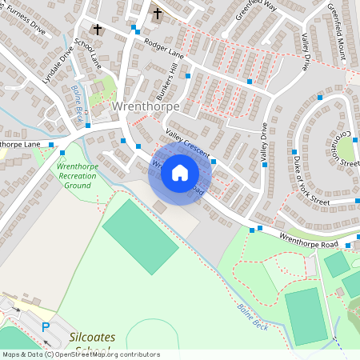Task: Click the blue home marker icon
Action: (x=180, y=172)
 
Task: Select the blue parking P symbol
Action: (x=46, y=327)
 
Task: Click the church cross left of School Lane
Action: (x=98, y=30)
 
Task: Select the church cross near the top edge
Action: (x=157, y=13)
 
